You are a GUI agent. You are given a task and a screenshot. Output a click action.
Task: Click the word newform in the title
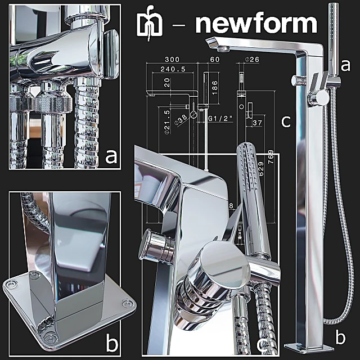coord(255,24)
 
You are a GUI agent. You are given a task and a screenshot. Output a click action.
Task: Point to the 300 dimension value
coord(173,58)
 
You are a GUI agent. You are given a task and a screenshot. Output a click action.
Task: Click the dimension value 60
coord(215,58)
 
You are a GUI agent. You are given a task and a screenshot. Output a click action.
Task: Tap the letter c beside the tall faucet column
coord(286,121)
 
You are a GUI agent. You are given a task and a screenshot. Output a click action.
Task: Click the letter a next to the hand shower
coord(345,65)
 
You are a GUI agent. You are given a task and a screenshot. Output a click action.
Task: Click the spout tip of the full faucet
coord(217,44)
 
